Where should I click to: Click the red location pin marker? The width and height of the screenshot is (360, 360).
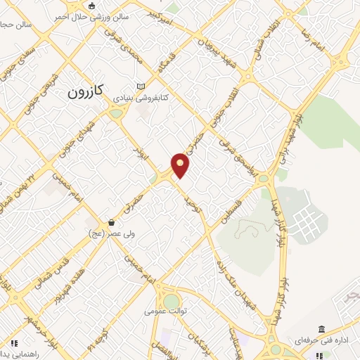click(181, 165)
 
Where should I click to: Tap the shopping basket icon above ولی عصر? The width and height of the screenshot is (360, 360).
click(111, 222)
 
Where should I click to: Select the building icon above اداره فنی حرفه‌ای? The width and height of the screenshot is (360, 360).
click(321, 329)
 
